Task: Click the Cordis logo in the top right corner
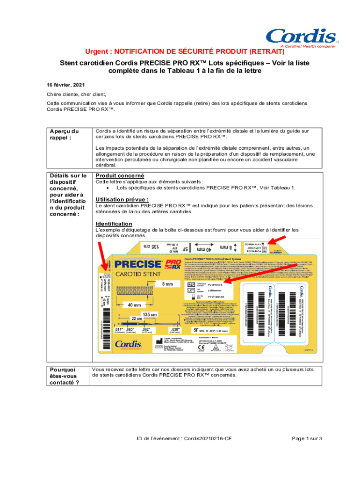point(301,37)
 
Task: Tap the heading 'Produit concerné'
point(116,175)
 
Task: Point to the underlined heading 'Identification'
point(114,224)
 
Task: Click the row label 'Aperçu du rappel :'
point(64,134)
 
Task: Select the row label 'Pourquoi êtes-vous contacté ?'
point(65,376)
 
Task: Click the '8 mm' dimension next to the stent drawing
point(167,284)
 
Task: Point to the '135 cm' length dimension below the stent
point(150,314)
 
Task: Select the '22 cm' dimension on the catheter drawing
point(137,319)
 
